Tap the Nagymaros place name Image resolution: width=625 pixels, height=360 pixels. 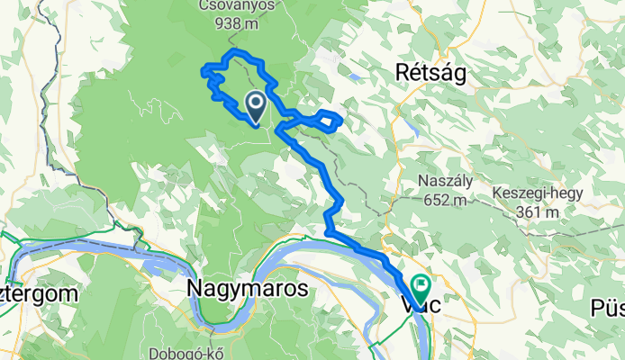tap(248, 289)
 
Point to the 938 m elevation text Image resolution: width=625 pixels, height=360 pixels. tap(236, 25)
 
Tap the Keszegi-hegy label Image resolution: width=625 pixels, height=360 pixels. tap(538, 193)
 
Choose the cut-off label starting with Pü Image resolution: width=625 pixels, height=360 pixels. tap(607, 309)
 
